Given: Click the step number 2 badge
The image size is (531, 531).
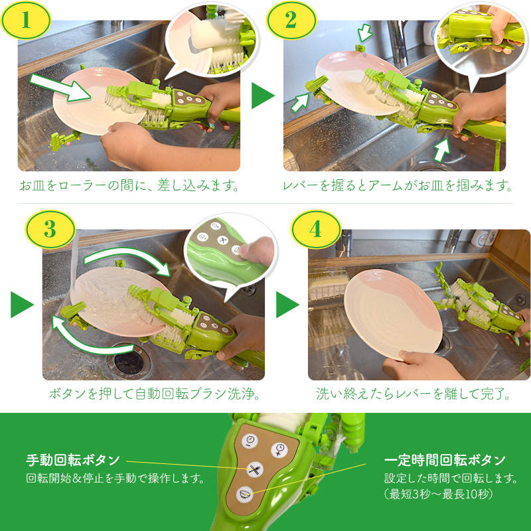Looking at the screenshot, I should tap(290, 21).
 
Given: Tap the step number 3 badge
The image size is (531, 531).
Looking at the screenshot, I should tap(50, 230).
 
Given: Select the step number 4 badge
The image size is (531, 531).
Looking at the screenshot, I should tap(315, 230).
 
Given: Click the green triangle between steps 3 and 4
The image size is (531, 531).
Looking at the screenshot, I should tap(287, 305).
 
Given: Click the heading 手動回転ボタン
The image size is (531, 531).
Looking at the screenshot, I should tap(73, 460).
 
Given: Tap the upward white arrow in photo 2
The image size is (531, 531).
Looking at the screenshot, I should tap(441, 151).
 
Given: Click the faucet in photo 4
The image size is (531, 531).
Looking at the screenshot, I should tap(453, 239).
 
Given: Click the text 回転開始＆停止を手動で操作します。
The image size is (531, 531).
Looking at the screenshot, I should tap(114, 478).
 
